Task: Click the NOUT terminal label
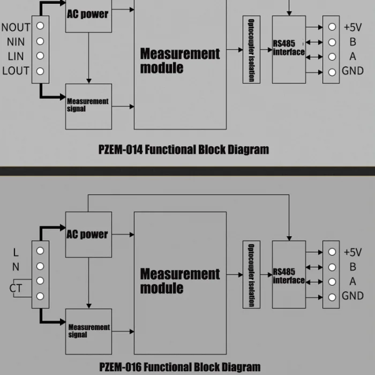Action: pos(16,27)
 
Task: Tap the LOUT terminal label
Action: pos(16,71)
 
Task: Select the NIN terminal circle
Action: pos(40,41)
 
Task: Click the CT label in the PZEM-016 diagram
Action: pos(16,288)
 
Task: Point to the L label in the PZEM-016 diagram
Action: pos(16,251)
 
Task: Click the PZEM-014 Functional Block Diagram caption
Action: pos(184,149)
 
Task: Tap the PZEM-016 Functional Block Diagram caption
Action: pos(180,367)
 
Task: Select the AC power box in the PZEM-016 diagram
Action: pos(88,234)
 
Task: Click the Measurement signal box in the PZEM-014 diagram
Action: pos(88,106)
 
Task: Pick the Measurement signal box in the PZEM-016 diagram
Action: pos(88,331)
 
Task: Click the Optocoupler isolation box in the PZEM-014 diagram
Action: pos(251,49)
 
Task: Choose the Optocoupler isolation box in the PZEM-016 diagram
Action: pos(251,274)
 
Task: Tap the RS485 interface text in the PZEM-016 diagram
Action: pos(289,276)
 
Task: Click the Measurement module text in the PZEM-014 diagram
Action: pos(180,61)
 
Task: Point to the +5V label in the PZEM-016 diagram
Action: pos(352,252)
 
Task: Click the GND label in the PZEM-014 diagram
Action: pos(352,71)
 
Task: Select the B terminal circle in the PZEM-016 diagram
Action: pos(332,267)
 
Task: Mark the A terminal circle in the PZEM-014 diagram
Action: pos(332,57)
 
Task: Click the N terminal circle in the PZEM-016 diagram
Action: pos(40,266)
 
